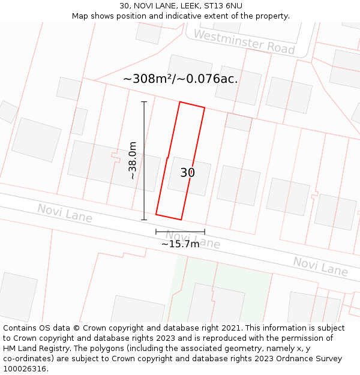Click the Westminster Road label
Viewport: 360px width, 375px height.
[x=244, y=42]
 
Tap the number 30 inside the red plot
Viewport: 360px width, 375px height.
[x=187, y=173]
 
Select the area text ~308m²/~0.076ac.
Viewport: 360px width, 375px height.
[x=180, y=79]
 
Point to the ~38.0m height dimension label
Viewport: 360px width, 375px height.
[x=133, y=161]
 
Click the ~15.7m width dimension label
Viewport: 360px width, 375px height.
[x=180, y=244]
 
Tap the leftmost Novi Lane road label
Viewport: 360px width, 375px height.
[x=65, y=213]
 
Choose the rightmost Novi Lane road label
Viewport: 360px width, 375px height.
[x=320, y=266]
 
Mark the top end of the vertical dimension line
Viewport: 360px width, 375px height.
[x=144, y=102]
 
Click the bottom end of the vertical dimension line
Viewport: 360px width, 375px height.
[x=144, y=220]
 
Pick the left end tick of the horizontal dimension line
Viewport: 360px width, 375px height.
[x=156, y=232]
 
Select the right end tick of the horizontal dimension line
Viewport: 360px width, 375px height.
[x=205, y=232]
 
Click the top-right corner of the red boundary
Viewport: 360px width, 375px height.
[x=205, y=108]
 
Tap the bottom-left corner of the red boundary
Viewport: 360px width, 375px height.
[x=156, y=214]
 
